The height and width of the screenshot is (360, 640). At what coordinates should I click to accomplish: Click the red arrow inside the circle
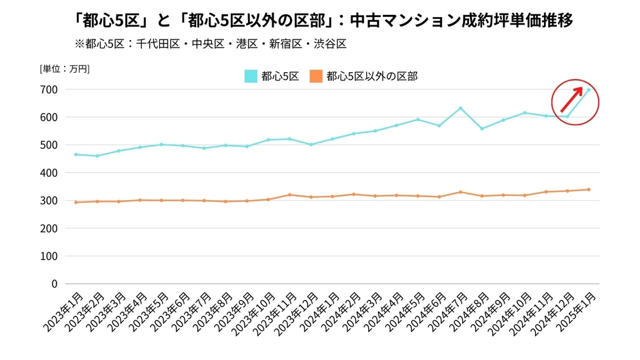coord(572,101)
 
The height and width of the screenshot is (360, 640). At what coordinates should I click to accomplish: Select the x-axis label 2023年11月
coord(276,310)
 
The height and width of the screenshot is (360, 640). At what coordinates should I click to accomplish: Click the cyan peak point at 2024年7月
coord(460,108)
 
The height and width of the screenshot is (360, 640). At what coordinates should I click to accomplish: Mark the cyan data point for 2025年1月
coord(588,90)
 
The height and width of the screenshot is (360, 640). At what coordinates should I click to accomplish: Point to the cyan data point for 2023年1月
coord(76,154)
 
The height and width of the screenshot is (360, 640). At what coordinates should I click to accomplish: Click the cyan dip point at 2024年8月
coord(482,129)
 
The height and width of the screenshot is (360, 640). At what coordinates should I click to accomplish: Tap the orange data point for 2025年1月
coord(588,190)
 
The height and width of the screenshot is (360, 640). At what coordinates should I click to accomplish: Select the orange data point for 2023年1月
coord(76,202)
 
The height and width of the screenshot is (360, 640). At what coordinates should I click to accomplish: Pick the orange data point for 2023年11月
coord(289,195)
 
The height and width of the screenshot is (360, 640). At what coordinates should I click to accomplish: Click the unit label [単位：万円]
coord(65,68)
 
